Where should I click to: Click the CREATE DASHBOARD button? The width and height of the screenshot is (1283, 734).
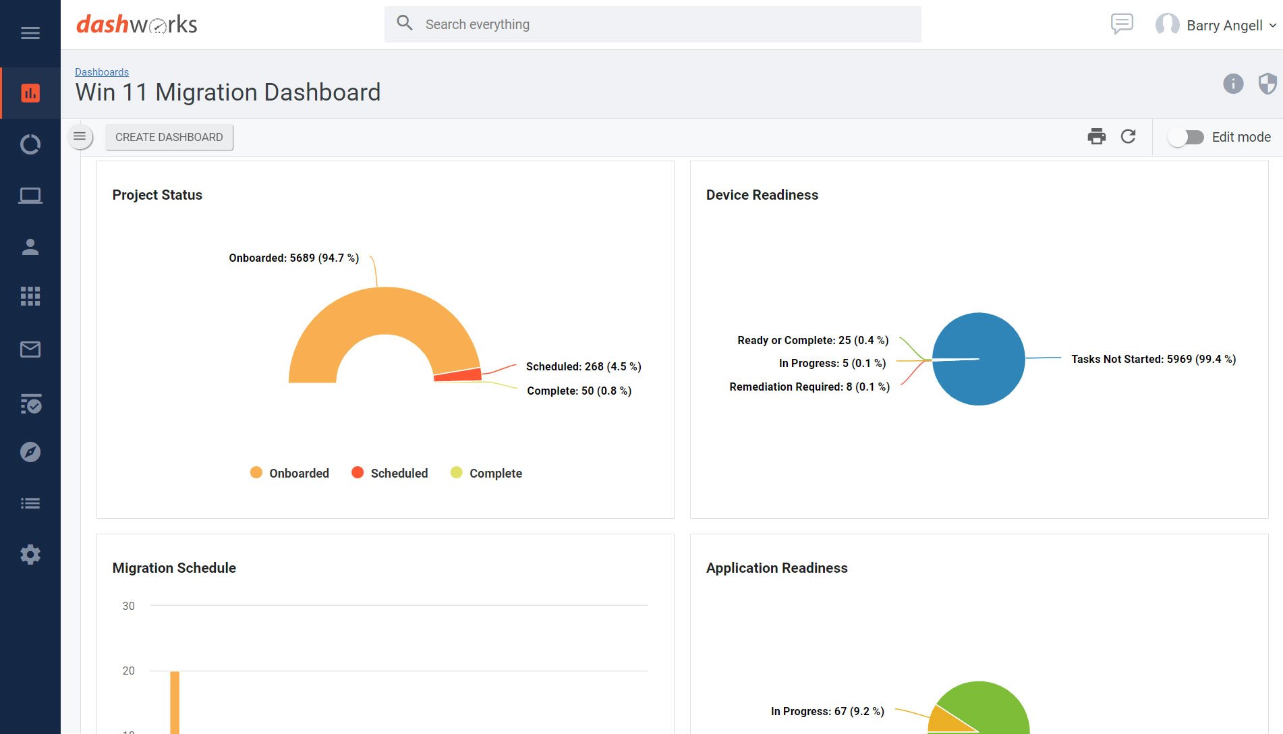(169, 137)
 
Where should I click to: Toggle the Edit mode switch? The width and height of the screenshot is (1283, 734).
(1186, 137)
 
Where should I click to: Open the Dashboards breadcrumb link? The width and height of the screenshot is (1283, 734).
(102, 72)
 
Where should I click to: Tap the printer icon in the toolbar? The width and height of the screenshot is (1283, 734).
(1096, 137)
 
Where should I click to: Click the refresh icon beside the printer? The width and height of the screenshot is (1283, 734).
(1128, 137)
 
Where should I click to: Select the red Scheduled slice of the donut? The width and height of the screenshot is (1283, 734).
(458, 375)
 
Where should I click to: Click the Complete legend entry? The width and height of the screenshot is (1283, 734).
(486, 473)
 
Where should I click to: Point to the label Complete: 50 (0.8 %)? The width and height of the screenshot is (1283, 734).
(579, 391)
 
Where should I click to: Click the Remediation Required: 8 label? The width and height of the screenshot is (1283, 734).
(809, 387)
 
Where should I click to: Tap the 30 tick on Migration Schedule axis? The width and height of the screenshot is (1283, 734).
(128, 606)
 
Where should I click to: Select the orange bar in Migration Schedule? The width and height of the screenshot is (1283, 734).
(175, 702)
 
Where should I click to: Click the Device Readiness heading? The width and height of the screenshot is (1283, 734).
(762, 195)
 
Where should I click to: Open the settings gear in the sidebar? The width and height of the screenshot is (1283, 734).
(30, 555)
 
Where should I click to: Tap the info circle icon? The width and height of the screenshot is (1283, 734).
(1233, 84)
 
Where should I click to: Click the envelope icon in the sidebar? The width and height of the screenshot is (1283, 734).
(30, 349)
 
